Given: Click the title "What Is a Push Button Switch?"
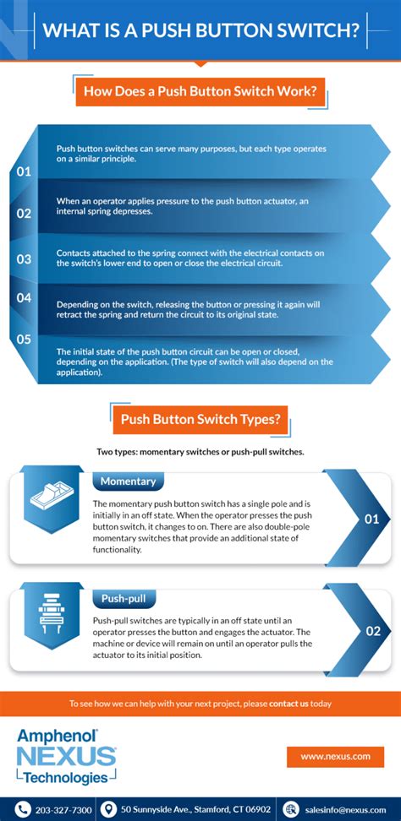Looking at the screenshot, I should (200, 31).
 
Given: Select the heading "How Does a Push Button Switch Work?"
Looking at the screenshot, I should (200, 92).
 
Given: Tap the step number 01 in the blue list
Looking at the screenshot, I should (24, 171).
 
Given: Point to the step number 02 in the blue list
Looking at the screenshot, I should (24, 213).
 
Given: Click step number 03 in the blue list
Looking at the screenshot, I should (24, 259).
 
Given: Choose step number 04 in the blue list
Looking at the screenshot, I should (24, 298).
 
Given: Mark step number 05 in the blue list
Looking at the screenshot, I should (24, 340).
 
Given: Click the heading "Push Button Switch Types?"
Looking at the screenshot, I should (200, 417).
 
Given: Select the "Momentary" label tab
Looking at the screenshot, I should (128, 481).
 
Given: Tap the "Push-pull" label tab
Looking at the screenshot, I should (124, 599).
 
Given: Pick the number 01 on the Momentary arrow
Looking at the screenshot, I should (372, 519).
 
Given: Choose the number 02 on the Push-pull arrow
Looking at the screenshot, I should (373, 630).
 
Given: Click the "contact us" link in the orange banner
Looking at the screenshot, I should (288, 704).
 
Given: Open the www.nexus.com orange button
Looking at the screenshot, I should (335, 756).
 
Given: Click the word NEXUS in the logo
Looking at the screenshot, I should (66, 756).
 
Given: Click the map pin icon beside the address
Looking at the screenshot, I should (108, 810).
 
